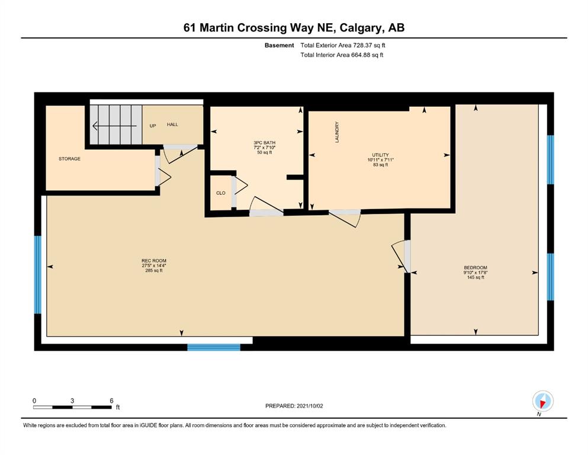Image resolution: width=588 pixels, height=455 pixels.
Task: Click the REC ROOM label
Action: click(x=154, y=261)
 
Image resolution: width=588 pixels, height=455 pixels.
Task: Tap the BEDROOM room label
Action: click(x=475, y=268)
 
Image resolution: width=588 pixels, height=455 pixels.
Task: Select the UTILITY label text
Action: click(x=380, y=155)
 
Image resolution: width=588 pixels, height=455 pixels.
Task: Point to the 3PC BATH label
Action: click(x=264, y=143)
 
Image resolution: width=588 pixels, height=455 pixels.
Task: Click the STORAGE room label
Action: click(x=69, y=159)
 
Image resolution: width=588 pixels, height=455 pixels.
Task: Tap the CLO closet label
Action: click(x=221, y=193)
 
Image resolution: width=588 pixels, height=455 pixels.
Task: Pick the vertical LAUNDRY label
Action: click(x=337, y=132)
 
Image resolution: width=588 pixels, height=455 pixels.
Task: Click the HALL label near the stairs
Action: click(x=172, y=124)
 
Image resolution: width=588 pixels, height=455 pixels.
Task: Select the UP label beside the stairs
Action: click(x=153, y=126)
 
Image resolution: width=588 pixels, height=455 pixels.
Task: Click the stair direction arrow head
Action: click(x=95, y=126)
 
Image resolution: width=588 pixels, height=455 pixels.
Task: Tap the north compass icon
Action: click(x=542, y=401)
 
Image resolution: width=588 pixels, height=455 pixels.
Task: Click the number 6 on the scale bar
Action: click(x=111, y=400)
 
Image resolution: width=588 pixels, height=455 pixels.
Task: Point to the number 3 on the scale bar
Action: click(x=72, y=400)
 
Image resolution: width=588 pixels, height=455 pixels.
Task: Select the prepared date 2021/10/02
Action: click(x=310, y=406)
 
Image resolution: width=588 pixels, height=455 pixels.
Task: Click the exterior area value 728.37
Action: click(x=362, y=46)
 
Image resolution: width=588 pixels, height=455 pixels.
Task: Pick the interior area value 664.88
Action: click(x=360, y=55)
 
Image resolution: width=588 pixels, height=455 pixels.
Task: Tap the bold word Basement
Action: click(x=279, y=46)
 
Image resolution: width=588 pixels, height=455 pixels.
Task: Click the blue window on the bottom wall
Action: click(x=214, y=347)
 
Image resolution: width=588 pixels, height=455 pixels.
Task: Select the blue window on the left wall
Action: click(x=37, y=274)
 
